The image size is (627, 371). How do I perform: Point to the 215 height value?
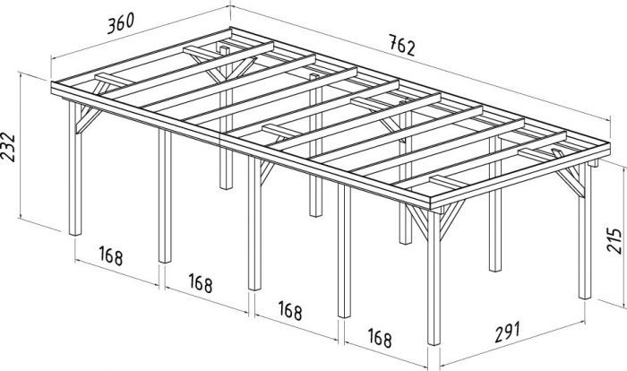pos(614,240)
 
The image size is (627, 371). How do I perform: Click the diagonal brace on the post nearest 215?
pos(568,185)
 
